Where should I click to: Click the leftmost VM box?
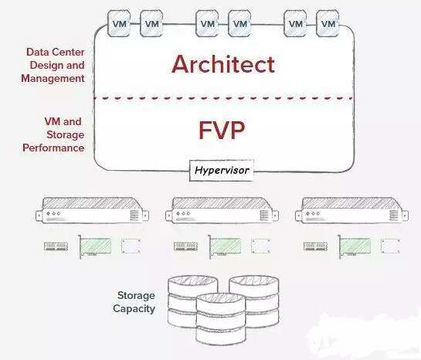click(x=119, y=24)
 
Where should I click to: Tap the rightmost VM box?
click(x=328, y=24)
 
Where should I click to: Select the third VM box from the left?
click(x=207, y=24)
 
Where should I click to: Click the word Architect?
click(x=223, y=64)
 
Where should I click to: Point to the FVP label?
click(x=222, y=130)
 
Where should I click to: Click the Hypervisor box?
click(x=222, y=170)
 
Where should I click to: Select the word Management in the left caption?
click(x=53, y=78)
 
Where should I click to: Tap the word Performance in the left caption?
click(x=53, y=148)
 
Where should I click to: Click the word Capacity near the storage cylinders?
click(x=134, y=309)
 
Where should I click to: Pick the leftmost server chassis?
click(x=92, y=210)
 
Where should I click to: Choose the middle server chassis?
click(x=222, y=210)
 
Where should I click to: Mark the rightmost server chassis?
click(x=351, y=210)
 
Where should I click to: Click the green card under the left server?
click(x=95, y=246)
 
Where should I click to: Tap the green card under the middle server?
click(x=225, y=246)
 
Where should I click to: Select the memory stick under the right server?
click(x=315, y=246)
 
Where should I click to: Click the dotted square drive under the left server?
click(x=131, y=246)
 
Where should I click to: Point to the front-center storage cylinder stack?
click(x=221, y=319)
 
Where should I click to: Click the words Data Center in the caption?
click(x=56, y=52)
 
